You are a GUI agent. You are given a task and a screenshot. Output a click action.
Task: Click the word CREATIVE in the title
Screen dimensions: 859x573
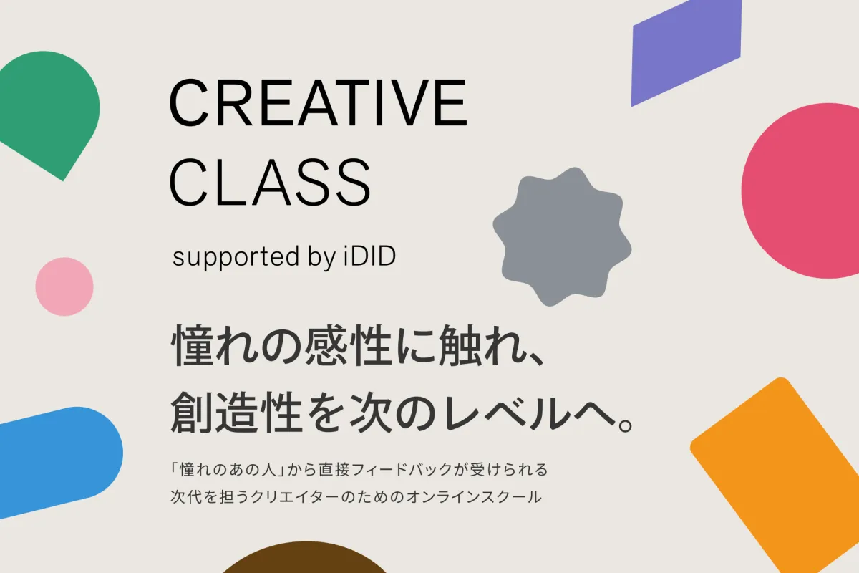coord(318,102)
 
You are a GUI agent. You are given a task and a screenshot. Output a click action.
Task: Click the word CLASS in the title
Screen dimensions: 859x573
coord(270,183)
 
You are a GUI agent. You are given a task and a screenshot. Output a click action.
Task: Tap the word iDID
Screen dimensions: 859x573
coord(369,256)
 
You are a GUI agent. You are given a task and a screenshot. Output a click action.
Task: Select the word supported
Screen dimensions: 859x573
coord(236,257)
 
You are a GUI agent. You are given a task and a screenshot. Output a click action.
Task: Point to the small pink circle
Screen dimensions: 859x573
coord(64,286)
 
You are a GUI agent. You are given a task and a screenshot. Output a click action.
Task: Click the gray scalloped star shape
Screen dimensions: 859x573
coord(562,237)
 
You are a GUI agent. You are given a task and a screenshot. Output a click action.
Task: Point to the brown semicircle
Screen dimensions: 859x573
coord(305,559)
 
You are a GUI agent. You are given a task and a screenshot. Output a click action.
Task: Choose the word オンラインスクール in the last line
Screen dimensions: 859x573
coord(474,497)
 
